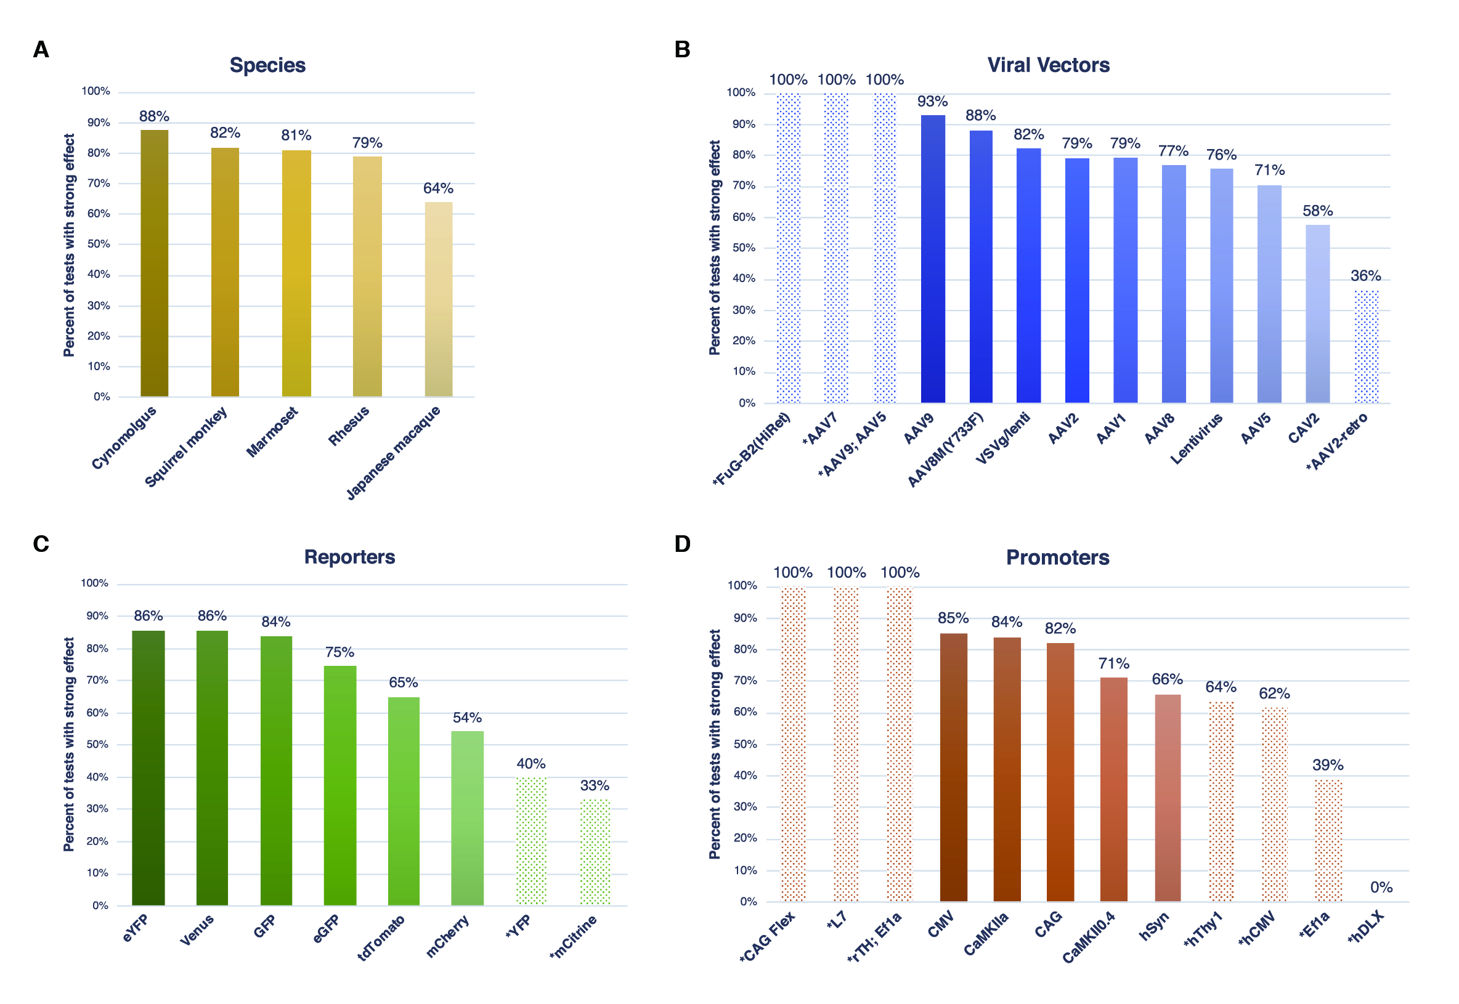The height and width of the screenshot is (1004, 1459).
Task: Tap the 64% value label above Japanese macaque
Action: coord(438,188)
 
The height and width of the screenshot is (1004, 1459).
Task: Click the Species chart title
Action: coord(267,65)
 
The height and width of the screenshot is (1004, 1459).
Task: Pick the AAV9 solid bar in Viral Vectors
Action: coord(932,259)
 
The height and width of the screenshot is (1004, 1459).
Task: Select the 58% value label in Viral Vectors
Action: coord(1317,211)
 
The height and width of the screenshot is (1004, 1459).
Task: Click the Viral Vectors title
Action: coord(1048,65)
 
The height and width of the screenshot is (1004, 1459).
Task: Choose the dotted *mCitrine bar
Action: coord(595,852)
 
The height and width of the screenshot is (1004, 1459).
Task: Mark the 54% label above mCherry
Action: coord(467,718)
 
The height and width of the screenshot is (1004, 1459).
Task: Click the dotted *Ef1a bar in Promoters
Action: coord(1328,840)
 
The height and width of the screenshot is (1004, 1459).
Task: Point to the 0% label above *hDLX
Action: coord(1381,888)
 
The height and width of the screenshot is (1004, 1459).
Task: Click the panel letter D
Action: coord(682,544)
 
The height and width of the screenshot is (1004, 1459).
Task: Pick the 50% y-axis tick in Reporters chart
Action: coord(97,744)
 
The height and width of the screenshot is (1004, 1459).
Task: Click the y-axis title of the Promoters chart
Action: coord(715,744)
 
